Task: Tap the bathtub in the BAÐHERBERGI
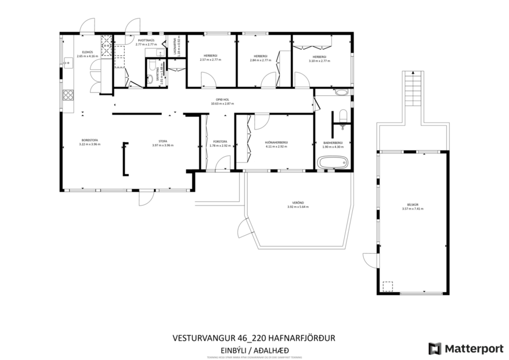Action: [333, 162]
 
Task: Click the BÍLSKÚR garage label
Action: [413, 205]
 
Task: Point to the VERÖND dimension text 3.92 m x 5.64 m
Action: [298, 207]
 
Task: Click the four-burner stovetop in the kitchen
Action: [68, 94]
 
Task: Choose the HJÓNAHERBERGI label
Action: [276, 142]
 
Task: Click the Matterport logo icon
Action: [434, 348]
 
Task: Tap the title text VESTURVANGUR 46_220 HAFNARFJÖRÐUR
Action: [254, 337]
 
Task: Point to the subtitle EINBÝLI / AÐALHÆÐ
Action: [254, 350]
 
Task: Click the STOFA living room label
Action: [163, 141]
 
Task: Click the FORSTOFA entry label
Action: [220, 142]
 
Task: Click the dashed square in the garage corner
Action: [387, 286]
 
